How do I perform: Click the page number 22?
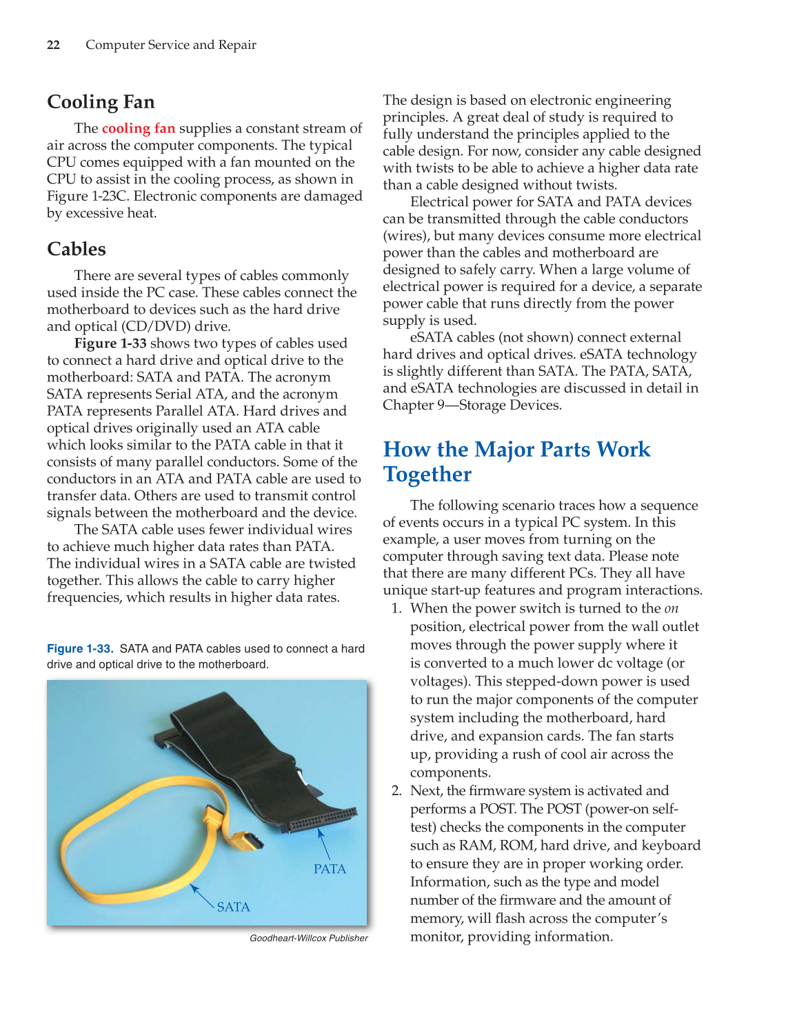(x=53, y=45)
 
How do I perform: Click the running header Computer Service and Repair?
(x=170, y=45)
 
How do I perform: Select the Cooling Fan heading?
(x=101, y=102)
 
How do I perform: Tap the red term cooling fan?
(x=138, y=128)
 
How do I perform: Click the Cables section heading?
(x=77, y=249)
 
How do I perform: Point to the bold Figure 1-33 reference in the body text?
(x=110, y=343)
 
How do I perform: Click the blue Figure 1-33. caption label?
(x=80, y=648)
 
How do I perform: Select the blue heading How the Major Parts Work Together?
(x=516, y=461)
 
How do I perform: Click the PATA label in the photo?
(x=330, y=869)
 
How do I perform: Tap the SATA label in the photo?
(x=233, y=907)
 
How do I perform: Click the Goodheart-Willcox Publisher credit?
(x=308, y=938)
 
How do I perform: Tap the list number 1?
(x=396, y=608)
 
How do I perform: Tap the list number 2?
(x=396, y=791)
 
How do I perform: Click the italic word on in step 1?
(x=671, y=608)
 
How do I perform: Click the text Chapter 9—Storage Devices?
(x=472, y=406)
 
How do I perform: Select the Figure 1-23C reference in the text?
(x=86, y=197)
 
